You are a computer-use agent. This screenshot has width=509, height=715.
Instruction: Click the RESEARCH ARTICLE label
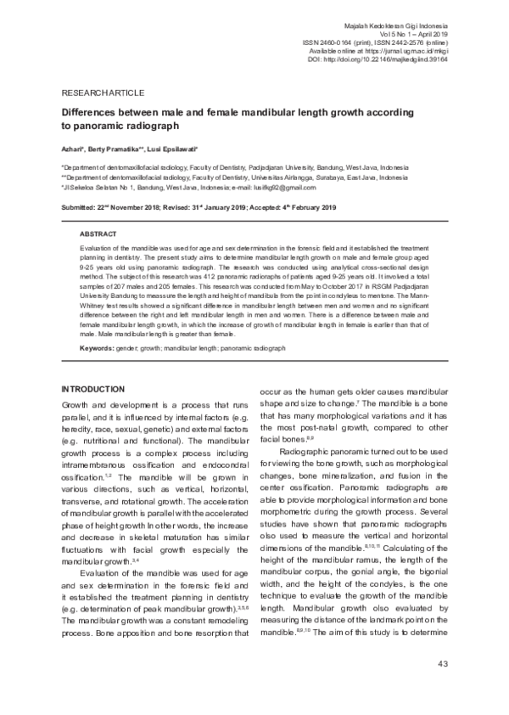(x=103, y=92)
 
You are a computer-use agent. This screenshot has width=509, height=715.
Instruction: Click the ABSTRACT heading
(x=99, y=233)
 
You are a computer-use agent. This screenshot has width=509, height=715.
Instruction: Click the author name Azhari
(x=73, y=148)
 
